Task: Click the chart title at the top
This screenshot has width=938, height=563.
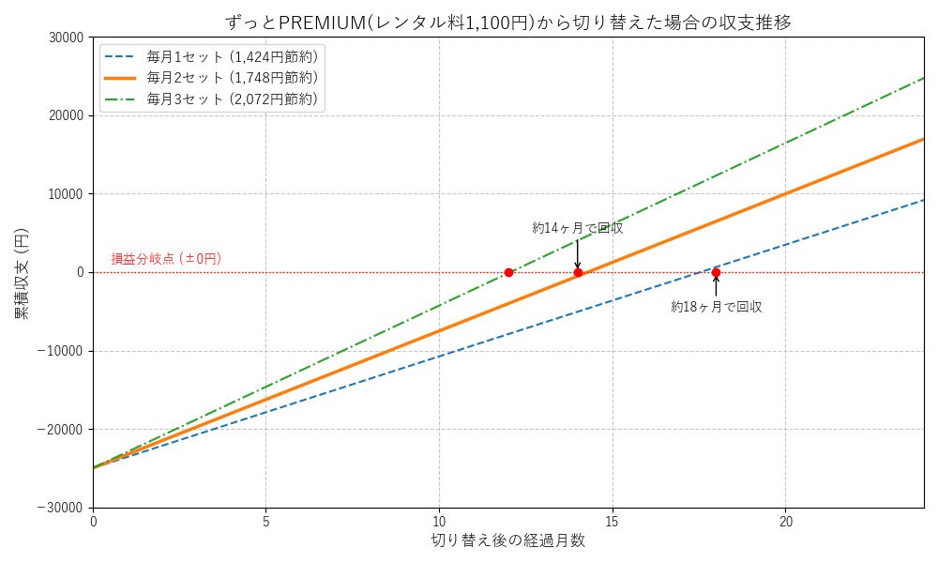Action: click(508, 21)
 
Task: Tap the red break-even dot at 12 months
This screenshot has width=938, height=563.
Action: click(508, 272)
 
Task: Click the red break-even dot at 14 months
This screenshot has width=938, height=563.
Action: click(578, 272)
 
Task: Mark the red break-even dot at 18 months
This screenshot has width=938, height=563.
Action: click(716, 272)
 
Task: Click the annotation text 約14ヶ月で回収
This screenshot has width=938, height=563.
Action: click(578, 228)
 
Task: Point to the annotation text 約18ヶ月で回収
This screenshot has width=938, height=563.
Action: click(716, 307)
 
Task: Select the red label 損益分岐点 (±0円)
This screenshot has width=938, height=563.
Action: click(166, 258)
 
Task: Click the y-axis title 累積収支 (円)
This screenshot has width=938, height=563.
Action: click(21, 272)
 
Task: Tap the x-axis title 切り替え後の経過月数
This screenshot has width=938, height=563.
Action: click(508, 540)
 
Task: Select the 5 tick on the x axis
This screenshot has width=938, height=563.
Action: click(266, 522)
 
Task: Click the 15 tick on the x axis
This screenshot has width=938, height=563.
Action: click(613, 522)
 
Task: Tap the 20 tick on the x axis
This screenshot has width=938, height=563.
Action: click(786, 522)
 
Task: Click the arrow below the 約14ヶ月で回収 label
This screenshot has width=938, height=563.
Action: click(578, 253)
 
